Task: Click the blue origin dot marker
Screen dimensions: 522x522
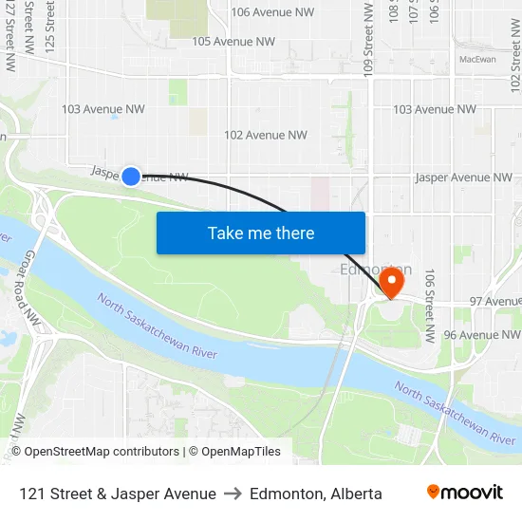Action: (x=131, y=176)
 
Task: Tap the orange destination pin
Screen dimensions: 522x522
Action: (x=392, y=281)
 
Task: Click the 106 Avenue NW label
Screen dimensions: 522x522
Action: (x=272, y=12)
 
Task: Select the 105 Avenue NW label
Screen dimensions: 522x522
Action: (x=233, y=42)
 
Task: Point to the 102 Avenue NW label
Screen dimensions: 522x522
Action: (x=266, y=136)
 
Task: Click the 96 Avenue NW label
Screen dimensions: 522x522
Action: (x=482, y=335)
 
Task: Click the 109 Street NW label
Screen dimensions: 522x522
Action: (x=368, y=38)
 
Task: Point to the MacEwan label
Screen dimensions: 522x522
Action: (x=477, y=59)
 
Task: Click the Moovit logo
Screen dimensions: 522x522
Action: (x=465, y=492)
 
